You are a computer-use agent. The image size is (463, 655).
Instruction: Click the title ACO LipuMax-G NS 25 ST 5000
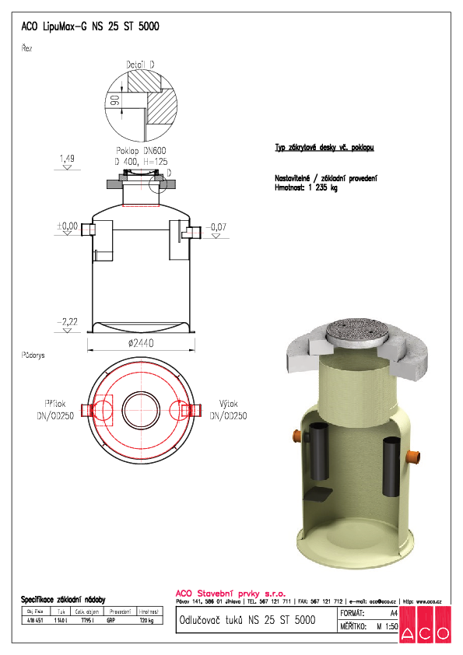[x=90, y=26]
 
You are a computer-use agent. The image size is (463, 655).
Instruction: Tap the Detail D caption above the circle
[x=140, y=64]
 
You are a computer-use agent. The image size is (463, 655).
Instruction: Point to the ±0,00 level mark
[x=67, y=226]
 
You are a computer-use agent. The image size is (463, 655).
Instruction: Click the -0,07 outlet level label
[x=219, y=226]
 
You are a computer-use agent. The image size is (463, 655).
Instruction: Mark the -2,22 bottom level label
[x=67, y=320]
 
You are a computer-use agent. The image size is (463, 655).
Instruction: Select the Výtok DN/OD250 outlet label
[x=228, y=410]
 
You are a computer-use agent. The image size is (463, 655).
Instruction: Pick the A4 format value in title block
[x=394, y=615]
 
